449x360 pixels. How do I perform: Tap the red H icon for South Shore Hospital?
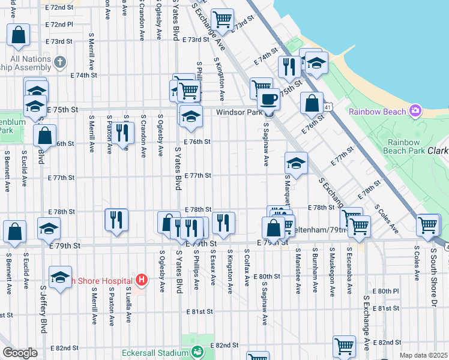pos(141,280)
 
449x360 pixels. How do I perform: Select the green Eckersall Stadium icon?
pos(197,352)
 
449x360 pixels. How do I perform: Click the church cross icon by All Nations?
pos(59,62)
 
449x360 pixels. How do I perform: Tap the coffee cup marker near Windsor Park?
pos(268,99)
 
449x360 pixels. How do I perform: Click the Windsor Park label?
pos(240,112)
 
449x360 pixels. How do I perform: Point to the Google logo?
pos(20,353)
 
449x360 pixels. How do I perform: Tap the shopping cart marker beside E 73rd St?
pos(222,20)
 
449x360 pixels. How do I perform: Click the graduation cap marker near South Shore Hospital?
pos(60,278)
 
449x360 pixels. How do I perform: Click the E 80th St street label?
pos(267,276)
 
